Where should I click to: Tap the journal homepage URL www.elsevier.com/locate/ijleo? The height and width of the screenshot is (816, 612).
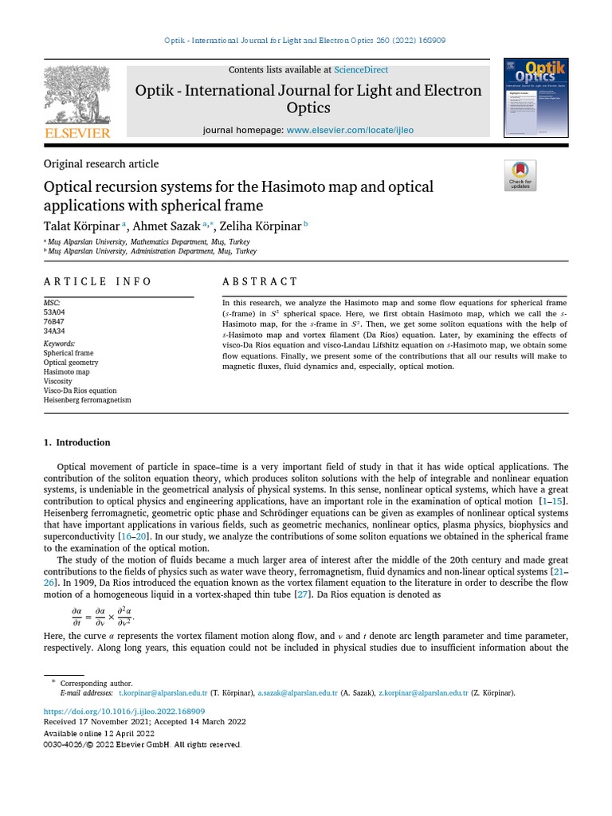[x=350, y=130]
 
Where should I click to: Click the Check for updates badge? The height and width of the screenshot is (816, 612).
[x=520, y=175]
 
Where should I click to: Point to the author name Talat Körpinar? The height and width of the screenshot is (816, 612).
[x=80, y=226]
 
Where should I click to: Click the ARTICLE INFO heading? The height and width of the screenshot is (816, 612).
[x=97, y=281]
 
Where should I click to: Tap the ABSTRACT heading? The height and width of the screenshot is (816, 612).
[x=260, y=281]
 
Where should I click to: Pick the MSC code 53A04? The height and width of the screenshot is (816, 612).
[x=55, y=312]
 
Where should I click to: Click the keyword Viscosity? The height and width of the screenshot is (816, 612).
[x=58, y=381]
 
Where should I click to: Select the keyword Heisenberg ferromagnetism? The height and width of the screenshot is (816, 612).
[x=87, y=400]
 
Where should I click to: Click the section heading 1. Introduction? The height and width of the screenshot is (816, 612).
[x=76, y=442]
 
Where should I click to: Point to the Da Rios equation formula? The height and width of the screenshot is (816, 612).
[x=103, y=617]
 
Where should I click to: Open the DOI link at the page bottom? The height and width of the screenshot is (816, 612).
[x=124, y=711]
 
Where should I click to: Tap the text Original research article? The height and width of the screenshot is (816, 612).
[x=100, y=164]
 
